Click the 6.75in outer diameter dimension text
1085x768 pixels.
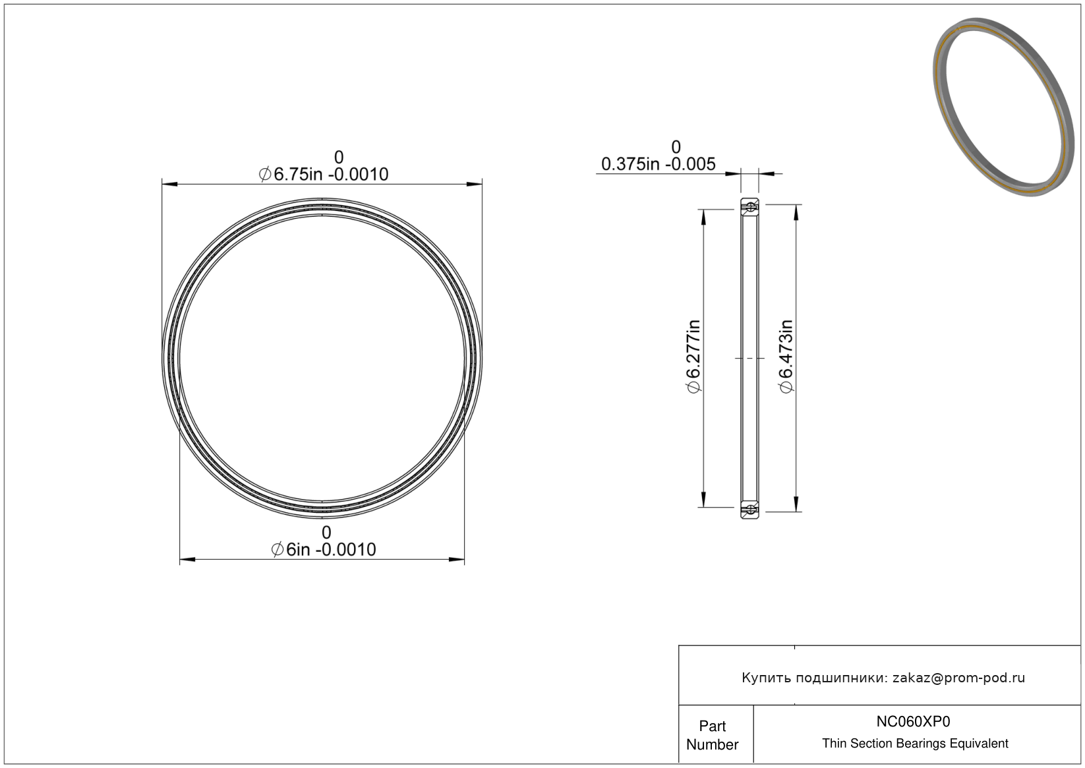pos(324,174)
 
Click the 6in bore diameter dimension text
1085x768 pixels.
pos(324,550)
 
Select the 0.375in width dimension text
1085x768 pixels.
pos(659,164)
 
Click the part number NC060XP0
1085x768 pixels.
pos(913,721)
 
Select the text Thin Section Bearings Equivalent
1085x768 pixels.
pos(915,744)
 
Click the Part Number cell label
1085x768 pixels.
pos(712,735)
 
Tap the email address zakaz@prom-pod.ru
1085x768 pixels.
pos(958,678)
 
